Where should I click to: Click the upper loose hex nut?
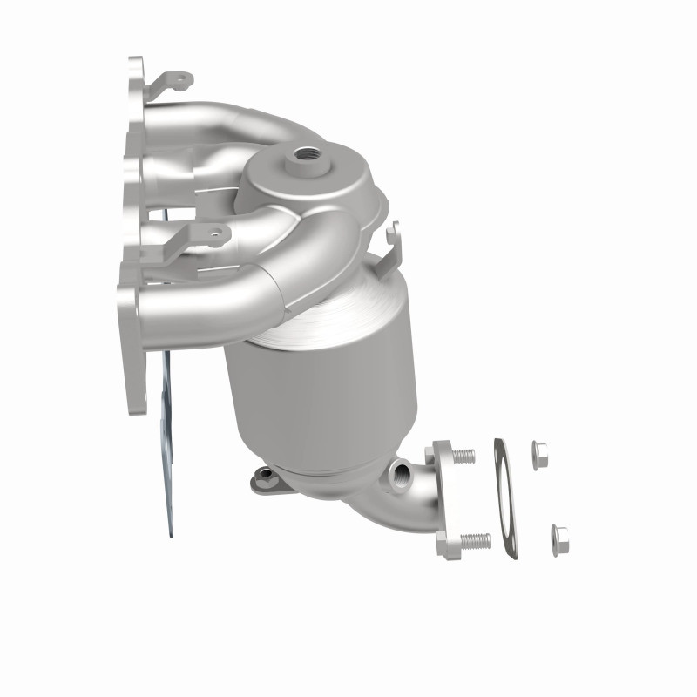[538, 451]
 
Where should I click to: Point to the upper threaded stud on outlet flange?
[464, 455]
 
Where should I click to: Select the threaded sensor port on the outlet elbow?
[401, 476]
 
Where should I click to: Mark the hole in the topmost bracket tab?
[181, 81]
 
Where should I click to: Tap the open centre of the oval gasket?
[503, 497]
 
